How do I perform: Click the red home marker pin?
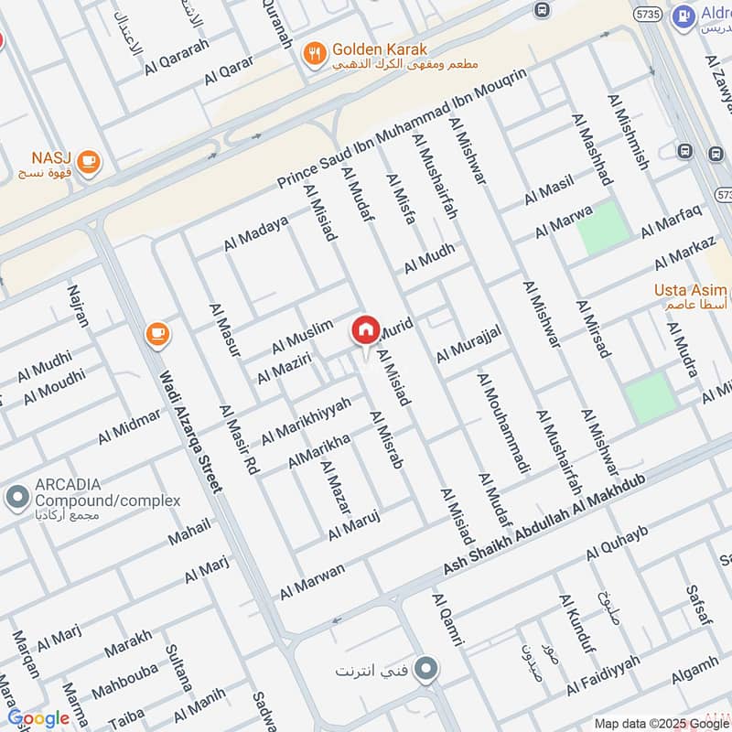click(x=365, y=330)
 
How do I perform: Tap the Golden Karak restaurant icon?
click(x=315, y=53)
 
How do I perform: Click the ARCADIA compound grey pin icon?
click(x=16, y=499)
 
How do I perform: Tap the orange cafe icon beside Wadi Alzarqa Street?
click(x=157, y=335)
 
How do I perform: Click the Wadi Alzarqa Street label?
click(x=191, y=431)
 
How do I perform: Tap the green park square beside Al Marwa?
click(x=603, y=227)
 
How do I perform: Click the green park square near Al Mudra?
click(x=651, y=397)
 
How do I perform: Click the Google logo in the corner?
click(x=38, y=718)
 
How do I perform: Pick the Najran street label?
click(x=79, y=307)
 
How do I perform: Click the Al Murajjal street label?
click(x=468, y=340)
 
